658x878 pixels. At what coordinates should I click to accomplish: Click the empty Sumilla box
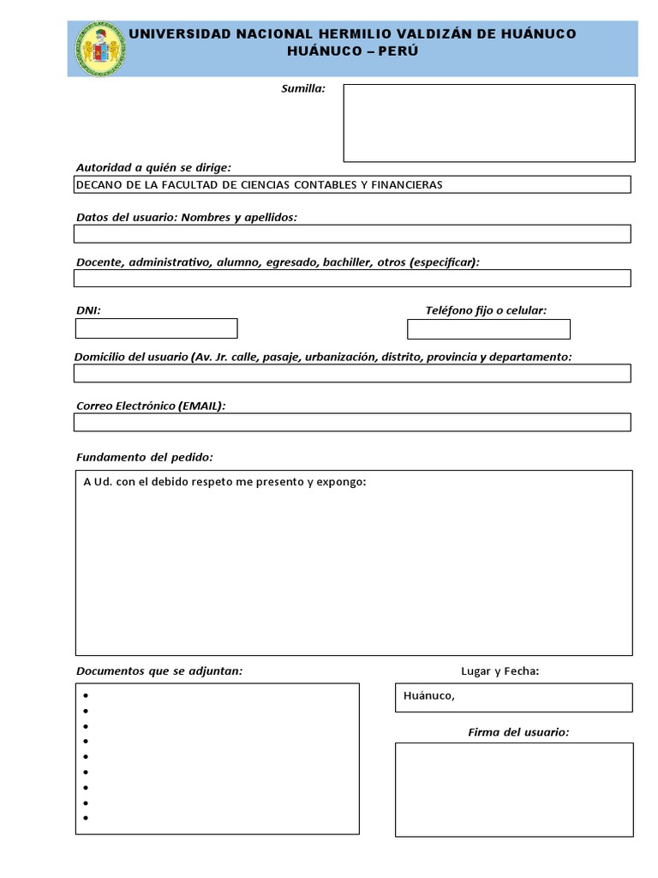tap(489, 123)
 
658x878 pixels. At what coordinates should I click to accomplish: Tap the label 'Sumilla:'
tap(303, 88)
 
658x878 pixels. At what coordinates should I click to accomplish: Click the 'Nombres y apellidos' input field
tap(352, 234)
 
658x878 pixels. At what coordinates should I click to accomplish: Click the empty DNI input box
tap(156, 328)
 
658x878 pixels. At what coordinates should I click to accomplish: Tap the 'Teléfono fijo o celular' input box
tap(488, 329)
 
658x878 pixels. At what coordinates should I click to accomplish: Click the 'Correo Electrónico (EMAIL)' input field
tap(352, 422)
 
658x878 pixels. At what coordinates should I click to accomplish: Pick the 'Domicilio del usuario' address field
tap(352, 373)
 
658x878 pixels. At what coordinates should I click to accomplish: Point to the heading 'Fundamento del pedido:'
tap(145, 456)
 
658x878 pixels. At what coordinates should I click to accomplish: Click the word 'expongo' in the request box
tap(342, 482)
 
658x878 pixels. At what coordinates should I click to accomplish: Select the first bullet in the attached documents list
tap(87, 696)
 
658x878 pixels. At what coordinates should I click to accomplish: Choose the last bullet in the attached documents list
tap(87, 818)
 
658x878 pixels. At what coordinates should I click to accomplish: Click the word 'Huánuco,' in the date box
tap(429, 696)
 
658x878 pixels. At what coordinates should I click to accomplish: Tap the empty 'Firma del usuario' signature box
tap(514, 789)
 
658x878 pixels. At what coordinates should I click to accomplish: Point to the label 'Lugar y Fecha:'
tap(500, 671)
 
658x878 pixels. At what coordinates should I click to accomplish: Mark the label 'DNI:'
tap(89, 310)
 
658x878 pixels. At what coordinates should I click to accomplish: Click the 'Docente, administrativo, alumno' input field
tap(352, 278)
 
